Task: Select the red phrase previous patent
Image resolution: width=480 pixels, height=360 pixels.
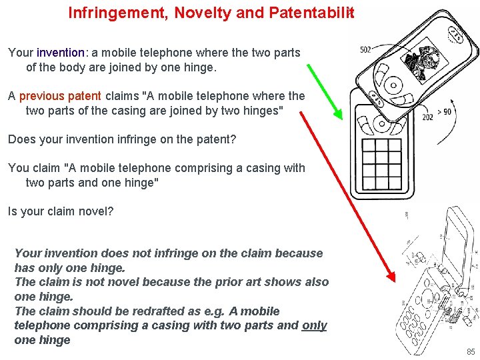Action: coord(60,96)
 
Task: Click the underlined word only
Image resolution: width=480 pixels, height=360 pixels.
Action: coord(314,325)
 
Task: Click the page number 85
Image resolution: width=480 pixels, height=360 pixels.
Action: coord(471,351)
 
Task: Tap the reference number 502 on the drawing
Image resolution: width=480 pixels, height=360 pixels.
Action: coord(365,50)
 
